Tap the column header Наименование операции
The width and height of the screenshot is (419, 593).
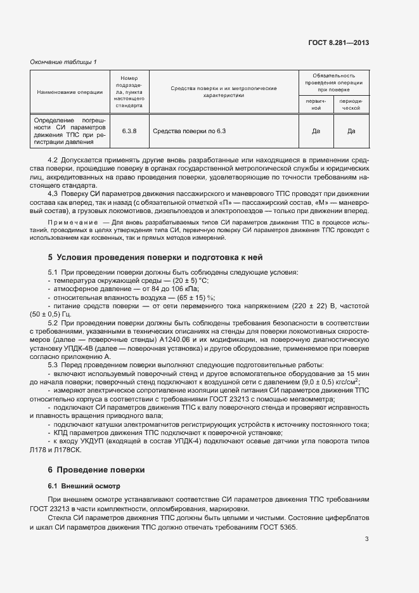[70, 92]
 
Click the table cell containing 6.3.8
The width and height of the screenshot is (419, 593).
[129, 131]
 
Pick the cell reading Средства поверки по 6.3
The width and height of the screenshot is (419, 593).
[190, 131]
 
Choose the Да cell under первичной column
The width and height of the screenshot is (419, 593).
[315, 131]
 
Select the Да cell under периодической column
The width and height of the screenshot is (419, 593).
[351, 131]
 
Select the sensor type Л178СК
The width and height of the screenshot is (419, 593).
[69, 450]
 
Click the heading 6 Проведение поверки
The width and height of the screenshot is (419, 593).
[96, 470]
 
